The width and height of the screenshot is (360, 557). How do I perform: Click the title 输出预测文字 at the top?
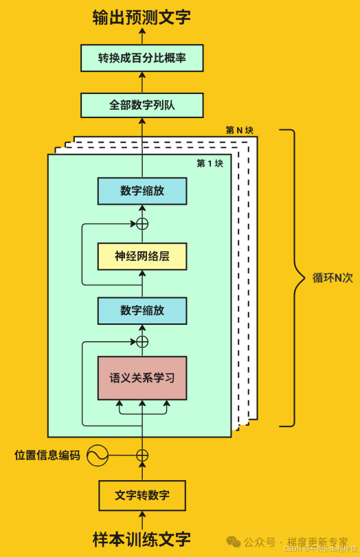pyautogui.click(x=142, y=18)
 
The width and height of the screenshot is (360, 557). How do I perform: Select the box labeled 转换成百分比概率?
pyautogui.click(x=142, y=58)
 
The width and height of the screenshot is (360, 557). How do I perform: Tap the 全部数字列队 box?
pyautogui.click(x=142, y=106)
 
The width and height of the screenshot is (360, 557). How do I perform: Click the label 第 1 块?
pyautogui.click(x=210, y=163)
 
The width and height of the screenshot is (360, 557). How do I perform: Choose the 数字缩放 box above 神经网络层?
pyautogui.click(x=142, y=191)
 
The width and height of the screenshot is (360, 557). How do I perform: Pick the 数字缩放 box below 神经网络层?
pyautogui.click(x=142, y=310)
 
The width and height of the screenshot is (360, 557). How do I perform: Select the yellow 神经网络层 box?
pyautogui.click(x=142, y=256)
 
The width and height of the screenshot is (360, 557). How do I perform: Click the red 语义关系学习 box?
pyautogui.click(x=142, y=378)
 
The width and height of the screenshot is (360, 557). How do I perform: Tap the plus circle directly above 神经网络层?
pyautogui.click(x=142, y=223)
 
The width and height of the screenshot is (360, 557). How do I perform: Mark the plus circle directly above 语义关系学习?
pyautogui.click(x=142, y=341)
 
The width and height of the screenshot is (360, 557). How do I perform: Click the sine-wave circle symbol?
pyautogui.click(x=97, y=455)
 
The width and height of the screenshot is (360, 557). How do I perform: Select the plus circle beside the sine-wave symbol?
pyautogui.click(x=142, y=455)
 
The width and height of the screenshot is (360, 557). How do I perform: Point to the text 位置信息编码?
pyautogui.click(x=47, y=455)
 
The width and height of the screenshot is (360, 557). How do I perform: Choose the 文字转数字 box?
pyautogui.click(x=142, y=495)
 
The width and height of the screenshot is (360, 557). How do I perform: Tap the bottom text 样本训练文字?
pyautogui.click(x=142, y=538)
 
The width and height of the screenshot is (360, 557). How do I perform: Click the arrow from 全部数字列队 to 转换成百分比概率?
pyautogui.click(x=142, y=82)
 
